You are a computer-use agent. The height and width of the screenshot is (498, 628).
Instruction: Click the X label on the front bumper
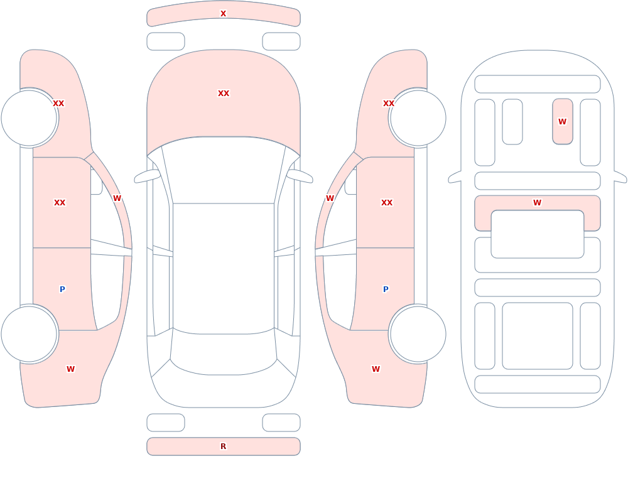pos(223,14)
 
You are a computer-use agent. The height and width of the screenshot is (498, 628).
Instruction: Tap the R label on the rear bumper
pos(223,447)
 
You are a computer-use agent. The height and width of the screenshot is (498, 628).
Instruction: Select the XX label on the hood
pos(224,94)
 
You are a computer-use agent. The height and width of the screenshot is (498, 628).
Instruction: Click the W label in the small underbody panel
pos(562,121)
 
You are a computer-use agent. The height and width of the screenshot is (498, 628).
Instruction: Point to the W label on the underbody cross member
pos(537,203)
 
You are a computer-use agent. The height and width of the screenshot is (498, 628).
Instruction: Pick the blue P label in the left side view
pos(62,290)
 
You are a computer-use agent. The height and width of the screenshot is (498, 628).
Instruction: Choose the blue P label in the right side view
pos(386,290)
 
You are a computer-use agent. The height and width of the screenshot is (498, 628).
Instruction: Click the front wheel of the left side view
pos(30,118)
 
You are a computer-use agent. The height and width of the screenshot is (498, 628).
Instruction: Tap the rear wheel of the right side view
pos(418,333)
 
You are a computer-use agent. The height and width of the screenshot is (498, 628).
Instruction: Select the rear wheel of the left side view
pos(30,333)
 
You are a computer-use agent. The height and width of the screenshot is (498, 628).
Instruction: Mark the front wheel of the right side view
pos(418,118)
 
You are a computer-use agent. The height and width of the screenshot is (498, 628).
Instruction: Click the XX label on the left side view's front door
pos(60,203)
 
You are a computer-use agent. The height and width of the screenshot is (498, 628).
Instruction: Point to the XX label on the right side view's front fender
pos(389,104)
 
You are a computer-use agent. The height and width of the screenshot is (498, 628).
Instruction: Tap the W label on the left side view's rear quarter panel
pos(70,369)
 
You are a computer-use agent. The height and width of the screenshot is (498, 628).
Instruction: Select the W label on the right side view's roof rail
pos(330,198)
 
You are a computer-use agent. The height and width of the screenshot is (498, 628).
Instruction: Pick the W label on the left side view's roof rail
pos(117,198)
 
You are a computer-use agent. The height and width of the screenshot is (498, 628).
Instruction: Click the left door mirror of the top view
pos(147,176)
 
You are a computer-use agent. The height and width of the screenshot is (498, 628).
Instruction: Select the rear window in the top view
pos(224,352)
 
